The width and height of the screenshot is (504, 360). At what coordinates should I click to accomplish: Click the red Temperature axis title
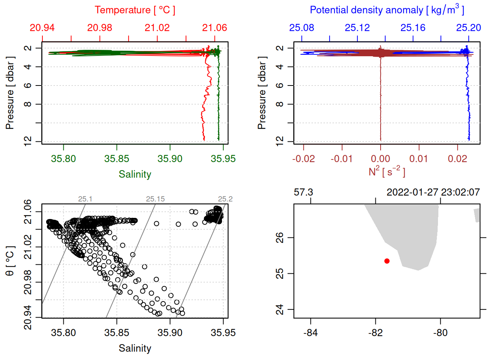[x=135, y=10]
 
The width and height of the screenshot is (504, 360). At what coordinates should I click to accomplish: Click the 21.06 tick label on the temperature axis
[x=214, y=28]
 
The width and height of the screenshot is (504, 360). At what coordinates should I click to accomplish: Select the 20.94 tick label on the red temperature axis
[x=42, y=28]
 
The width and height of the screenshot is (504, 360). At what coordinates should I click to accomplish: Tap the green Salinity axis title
[x=135, y=174]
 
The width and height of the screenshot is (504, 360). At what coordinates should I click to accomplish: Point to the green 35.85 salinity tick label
[x=117, y=159]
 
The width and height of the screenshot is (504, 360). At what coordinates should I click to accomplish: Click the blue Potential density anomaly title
[x=387, y=10]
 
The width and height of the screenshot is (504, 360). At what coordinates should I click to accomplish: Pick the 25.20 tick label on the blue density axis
[x=468, y=28]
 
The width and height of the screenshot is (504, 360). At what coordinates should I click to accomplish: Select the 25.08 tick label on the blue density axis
[x=301, y=28]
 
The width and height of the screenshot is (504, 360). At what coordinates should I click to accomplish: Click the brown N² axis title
[x=387, y=172]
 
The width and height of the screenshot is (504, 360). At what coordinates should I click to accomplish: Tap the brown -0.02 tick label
[x=303, y=159]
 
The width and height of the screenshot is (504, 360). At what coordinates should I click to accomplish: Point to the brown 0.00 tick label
[x=380, y=159]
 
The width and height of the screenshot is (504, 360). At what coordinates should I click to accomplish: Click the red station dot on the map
[x=387, y=261]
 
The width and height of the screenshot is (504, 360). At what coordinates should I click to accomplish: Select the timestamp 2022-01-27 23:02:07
[x=433, y=192]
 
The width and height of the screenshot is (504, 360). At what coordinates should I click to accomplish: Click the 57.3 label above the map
[x=303, y=192]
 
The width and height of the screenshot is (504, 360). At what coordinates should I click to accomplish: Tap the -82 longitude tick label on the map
[x=375, y=333]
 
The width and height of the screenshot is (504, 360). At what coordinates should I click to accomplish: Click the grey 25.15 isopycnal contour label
[x=155, y=199]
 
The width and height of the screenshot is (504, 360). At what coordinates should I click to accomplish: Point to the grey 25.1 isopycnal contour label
[x=85, y=199]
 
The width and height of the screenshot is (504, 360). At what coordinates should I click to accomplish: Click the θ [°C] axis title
[x=10, y=261]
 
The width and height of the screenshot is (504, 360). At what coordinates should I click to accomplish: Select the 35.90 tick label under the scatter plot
[x=170, y=333]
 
